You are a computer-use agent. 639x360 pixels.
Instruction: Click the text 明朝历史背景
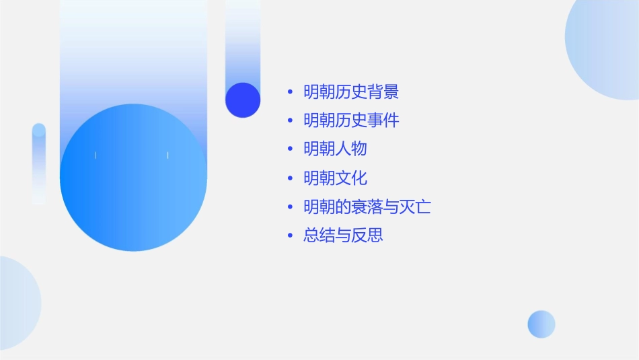351,92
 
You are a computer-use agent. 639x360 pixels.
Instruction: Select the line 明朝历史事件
351,120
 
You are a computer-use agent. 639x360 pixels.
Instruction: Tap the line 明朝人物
335,149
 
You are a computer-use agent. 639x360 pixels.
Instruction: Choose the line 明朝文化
335,178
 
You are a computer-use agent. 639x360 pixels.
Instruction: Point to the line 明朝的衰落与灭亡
367,207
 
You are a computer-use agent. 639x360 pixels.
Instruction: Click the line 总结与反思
343,236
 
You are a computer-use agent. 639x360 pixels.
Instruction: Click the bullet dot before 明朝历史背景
290,92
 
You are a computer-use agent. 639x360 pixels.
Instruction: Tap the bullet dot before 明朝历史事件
290,121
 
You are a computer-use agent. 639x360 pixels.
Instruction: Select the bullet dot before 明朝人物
290,149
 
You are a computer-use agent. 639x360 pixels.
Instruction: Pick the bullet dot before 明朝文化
290,178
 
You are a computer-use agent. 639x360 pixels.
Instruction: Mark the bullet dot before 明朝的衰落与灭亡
290,207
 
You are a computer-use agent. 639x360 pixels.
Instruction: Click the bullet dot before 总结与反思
290,236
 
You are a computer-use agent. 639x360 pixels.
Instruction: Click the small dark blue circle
243,100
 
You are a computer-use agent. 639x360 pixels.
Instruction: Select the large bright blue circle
133,178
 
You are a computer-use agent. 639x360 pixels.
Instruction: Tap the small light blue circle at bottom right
541,324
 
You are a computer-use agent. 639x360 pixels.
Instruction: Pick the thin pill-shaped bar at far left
39,163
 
